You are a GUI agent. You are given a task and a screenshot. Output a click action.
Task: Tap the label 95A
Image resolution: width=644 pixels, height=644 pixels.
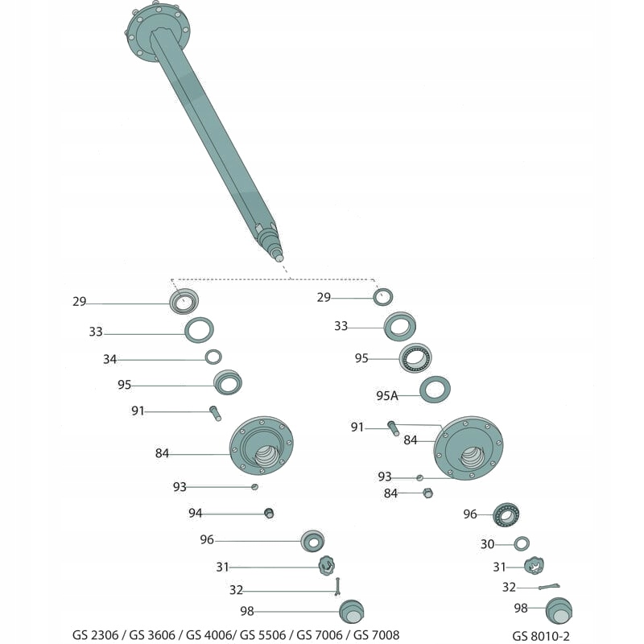pyautogui.click(x=387, y=395)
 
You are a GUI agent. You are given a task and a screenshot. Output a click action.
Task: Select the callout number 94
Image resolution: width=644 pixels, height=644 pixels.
pyautogui.click(x=196, y=513)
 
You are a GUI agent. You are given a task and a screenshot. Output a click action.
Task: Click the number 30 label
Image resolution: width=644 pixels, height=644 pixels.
pyautogui.click(x=487, y=544)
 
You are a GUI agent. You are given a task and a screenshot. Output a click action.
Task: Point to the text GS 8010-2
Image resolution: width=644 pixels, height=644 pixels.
pyautogui.click(x=541, y=635)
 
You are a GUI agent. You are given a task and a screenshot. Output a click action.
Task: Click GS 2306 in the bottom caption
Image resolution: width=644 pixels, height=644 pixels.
pyautogui.click(x=97, y=635)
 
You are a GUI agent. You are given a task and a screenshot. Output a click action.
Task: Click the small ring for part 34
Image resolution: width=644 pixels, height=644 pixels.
pyautogui.click(x=213, y=357)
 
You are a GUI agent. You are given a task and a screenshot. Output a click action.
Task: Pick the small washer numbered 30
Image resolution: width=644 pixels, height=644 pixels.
pyautogui.click(x=521, y=543)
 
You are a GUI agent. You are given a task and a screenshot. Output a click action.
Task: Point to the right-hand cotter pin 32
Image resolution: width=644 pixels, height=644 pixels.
pyautogui.click(x=549, y=587)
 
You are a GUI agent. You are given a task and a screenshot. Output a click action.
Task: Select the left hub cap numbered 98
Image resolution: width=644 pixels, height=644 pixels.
pyautogui.click(x=351, y=611)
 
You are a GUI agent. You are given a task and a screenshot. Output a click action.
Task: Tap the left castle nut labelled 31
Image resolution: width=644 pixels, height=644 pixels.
pyautogui.click(x=325, y=565)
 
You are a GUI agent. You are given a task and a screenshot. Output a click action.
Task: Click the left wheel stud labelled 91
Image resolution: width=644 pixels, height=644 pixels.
pyautogui.click(x=216, y=413)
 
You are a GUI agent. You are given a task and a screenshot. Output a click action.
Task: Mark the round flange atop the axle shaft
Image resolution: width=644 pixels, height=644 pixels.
pyautogui.click(x=158, y=30)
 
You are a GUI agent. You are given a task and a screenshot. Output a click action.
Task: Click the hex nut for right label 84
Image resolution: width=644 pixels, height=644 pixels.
pyautogui.click(x=428, y=493)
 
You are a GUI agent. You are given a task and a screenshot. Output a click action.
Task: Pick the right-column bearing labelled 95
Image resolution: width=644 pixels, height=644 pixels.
pyautogui.click(x=415, y=357)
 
